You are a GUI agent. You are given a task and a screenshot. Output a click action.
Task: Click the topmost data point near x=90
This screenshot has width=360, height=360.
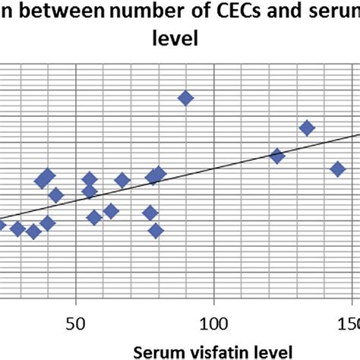tap(185, 98)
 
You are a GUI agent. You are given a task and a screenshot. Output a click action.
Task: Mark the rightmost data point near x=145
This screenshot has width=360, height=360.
tap(338, 169)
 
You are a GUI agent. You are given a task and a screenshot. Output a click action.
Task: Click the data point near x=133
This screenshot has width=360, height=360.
tap(307, 128)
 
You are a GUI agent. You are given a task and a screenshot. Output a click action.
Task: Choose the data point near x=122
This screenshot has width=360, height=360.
tap(277, 156)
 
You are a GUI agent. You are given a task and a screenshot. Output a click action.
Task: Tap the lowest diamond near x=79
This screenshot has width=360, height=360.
tap(156, 231)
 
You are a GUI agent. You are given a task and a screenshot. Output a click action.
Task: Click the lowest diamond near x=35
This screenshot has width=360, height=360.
tap(33, 232)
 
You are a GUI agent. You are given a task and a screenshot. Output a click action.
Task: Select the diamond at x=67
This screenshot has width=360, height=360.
tap(122, 180)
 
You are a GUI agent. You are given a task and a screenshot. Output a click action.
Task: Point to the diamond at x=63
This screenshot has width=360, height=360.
tap(112, 211)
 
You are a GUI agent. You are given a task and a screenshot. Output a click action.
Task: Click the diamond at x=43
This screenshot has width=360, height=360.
tap(55, 195)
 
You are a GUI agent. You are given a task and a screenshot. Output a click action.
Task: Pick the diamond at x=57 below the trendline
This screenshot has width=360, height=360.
tap(94, 218)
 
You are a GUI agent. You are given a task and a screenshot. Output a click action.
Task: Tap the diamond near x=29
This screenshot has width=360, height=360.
tap(17, 229)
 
